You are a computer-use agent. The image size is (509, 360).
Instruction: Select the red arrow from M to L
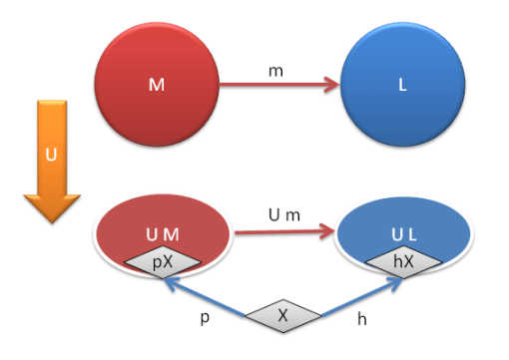point(279,86)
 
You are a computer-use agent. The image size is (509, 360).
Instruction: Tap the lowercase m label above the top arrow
point(276,70)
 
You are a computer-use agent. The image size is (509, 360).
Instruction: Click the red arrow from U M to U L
point(281,234)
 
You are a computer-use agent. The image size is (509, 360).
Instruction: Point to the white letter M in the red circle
point(156,86)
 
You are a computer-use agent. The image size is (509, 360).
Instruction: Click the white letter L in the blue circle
point(402,87)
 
